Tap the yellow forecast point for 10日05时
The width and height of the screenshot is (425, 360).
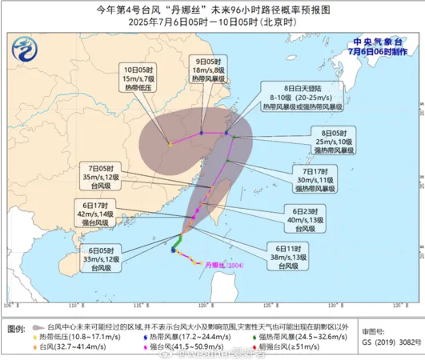coord(170,144)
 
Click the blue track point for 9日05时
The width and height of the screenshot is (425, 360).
coord(202,133)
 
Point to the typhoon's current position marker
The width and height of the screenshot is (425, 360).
coord(173,250)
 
